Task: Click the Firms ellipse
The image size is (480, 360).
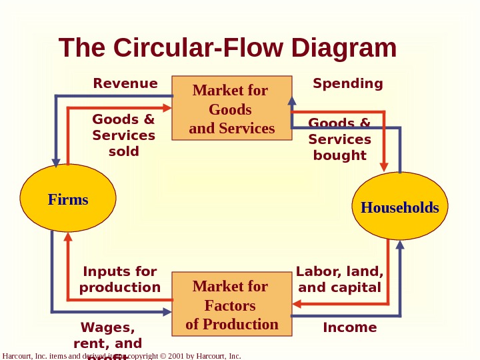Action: coord(68,199)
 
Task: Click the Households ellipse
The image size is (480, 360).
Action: coord(399,207)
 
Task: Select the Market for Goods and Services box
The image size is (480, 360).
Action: coord(231,109)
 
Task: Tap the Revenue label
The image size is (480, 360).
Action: coord(125,83)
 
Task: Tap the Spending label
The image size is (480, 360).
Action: coord(348,83)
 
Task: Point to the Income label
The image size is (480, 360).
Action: coord(350,327)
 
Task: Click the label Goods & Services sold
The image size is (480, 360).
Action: coord(124,135)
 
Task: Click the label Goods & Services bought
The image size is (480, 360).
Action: coord(339,139)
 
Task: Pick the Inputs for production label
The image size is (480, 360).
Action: coord(120,279)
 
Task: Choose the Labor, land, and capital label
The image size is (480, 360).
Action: coord(339,279)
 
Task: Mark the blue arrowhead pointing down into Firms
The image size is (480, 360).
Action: coord(57,161)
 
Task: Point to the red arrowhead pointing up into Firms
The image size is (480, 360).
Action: coord(68,237)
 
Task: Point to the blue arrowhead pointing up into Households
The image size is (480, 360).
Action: coord(400,245)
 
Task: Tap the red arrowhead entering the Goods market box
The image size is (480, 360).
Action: coord(168,107)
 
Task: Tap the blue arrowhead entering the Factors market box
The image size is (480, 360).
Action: coord(167,311)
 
